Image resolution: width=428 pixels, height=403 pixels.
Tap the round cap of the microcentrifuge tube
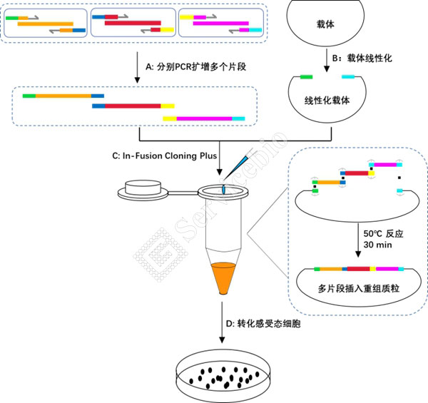pos(146,190)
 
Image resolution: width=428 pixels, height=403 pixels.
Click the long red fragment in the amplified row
pos(133,106)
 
